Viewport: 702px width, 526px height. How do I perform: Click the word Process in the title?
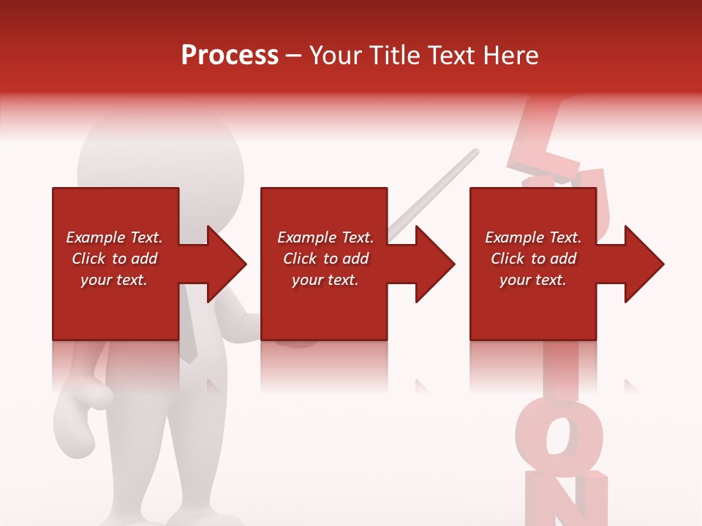point(230,56)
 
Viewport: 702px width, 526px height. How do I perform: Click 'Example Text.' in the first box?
point(114,237)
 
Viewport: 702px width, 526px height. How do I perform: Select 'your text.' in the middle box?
point(325,280)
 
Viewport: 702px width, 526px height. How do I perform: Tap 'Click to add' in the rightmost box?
point(533,259)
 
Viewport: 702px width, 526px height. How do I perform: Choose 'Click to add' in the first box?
point(114,259)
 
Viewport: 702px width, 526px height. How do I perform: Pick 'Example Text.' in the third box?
point(533,237)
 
